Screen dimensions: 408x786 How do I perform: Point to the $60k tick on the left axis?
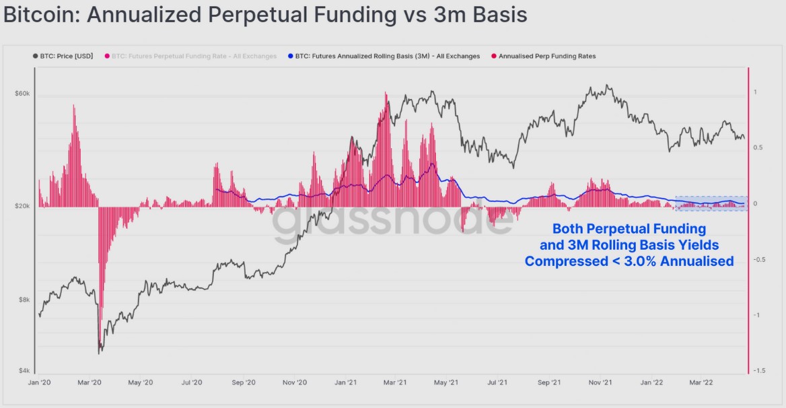coord(22,93)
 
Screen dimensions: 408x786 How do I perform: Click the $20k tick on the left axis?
coord(22,206)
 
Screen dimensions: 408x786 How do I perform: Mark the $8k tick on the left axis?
coord(24,300)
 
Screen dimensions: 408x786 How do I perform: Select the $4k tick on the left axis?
coord(24,371)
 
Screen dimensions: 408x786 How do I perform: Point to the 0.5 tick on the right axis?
coord(758,147)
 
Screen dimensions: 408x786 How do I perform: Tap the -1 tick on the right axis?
coord(757,315)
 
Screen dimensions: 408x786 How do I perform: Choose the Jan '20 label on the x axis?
coord(40,382)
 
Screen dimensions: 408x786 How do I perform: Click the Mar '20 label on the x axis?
coord(89,382)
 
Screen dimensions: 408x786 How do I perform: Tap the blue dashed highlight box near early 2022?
coord(711,203)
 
